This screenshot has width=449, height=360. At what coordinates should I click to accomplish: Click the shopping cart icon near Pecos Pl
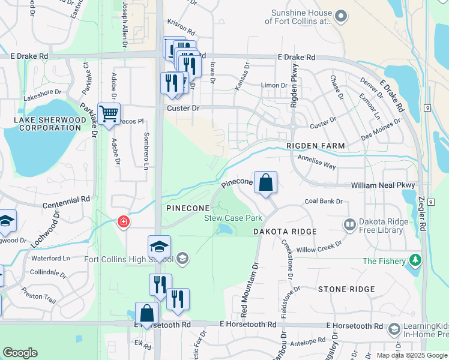(109, 113)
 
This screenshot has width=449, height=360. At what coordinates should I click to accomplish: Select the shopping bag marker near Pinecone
(265, 182)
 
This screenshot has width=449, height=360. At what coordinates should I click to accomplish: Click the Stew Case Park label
(234, 218)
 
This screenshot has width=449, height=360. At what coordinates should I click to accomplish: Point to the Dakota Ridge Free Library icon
(349, 224)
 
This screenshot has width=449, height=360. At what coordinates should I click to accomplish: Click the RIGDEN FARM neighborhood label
(315, 146)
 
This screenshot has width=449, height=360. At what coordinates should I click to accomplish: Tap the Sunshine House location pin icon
(341, 17)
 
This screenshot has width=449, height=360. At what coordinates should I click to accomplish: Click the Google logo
(20, 353)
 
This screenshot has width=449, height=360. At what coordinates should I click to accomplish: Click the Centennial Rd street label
(67, 201)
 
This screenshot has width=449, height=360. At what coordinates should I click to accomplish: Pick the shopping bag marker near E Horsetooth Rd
(146, 313)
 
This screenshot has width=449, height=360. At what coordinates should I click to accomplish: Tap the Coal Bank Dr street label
(323, 201)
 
